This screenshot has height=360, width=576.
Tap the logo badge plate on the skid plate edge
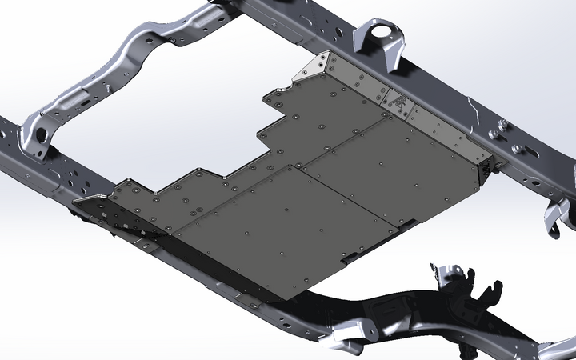pyautogui.click(x=397, y=102)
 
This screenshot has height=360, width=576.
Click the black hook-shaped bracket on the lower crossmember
pyautogui.click(x=480, y=296)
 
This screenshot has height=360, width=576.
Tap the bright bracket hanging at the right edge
pyautogui.click(x=560, y=216)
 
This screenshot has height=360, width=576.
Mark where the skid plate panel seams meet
pyautogui.click(x=298, y=167)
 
